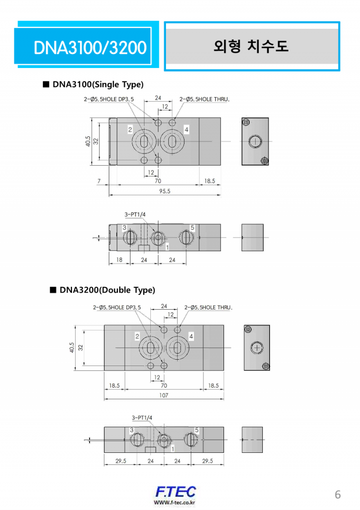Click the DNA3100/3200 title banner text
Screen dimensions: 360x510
tap(90, 47)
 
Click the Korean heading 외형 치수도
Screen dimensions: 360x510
tap(251, 46)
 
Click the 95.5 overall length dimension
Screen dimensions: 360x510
tap(165, 191)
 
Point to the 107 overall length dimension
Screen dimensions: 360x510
tap(164, 395)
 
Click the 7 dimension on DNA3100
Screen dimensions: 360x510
tap(99, 181)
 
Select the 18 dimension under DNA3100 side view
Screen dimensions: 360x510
tap(119, 260)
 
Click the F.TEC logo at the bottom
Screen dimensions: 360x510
tap(175, 492)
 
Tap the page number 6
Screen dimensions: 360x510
tap(337, 494)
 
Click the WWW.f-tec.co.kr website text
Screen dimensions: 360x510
tap(175, 502)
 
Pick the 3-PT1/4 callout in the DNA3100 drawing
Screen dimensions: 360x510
tap(135, 215)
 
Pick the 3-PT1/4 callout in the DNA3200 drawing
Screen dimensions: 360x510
tap(142, 418)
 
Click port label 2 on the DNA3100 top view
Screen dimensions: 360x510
tap(130, 130)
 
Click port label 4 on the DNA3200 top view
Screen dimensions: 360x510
tap(191, 336)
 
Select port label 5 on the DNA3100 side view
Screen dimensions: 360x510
tap(192, 228)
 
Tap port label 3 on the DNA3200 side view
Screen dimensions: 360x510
tap(132, 430)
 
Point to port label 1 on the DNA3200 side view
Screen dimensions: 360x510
tap(173, 449)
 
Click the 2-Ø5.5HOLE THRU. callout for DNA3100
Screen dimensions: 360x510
tap(205, 99)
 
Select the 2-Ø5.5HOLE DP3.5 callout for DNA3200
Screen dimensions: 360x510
tap(117, 307)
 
